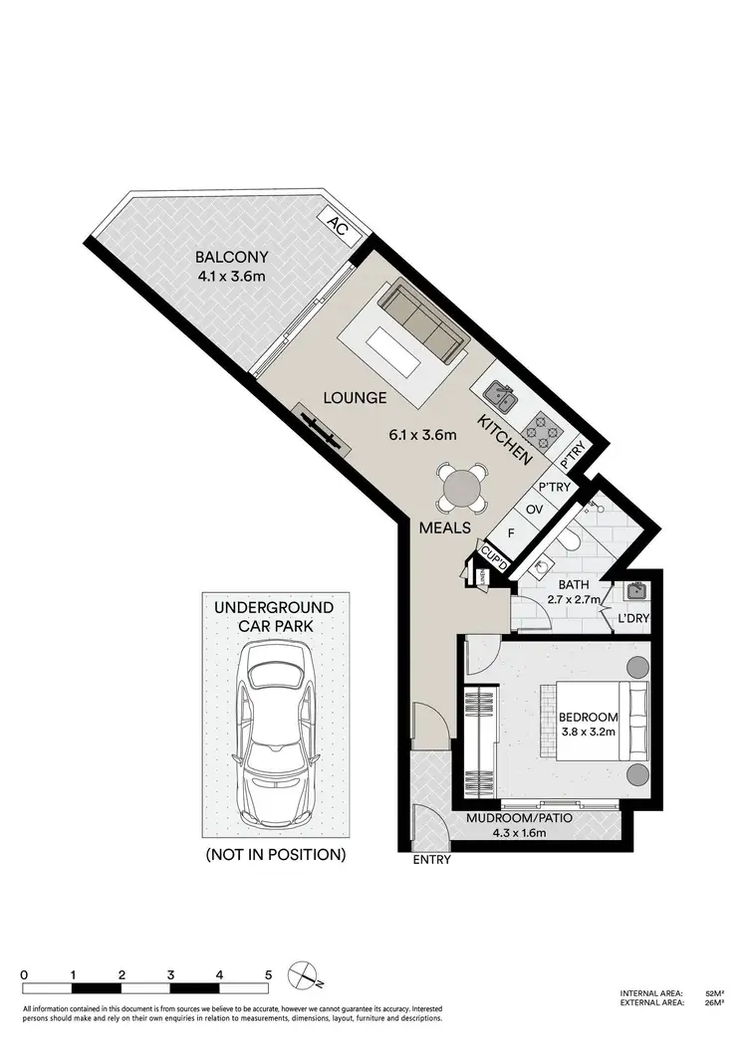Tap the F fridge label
coord(511,532)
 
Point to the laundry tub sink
coord(635,592)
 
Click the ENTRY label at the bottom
coord(431,860)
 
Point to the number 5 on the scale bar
coord(267,974)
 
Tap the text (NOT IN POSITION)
coord(274,854)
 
